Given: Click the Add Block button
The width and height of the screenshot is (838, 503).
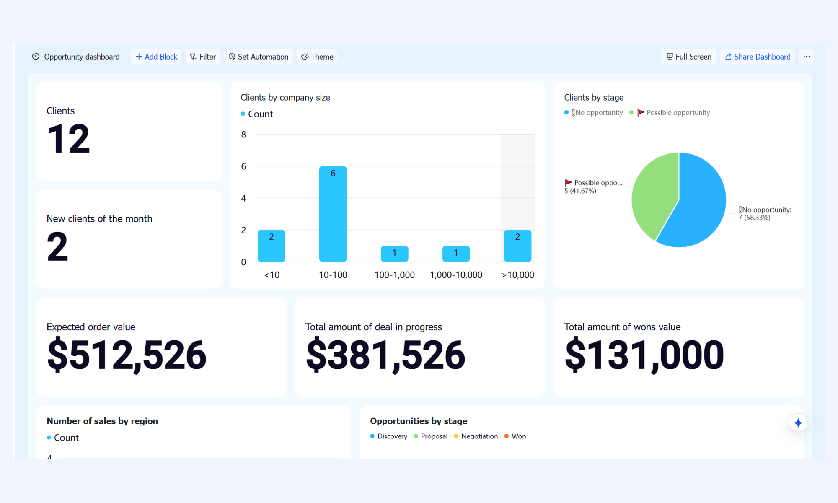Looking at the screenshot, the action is (x=156, y=57).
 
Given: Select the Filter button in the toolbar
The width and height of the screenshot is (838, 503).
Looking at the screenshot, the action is (x=203, y=57).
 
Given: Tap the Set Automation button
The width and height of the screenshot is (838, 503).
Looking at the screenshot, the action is (x=259, y=57).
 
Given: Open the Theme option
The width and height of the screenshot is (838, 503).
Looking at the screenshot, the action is (x=317, y=57).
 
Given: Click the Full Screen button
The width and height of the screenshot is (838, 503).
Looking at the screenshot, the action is (x=689, y=57).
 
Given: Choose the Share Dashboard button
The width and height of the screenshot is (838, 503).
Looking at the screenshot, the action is (x=758, y=57).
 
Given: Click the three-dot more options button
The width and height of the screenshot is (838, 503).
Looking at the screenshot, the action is (x=807, y=57).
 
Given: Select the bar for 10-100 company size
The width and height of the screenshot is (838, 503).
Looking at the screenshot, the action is (x=333, y=214).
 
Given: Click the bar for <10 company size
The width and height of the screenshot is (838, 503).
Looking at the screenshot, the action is (x=272, y=246).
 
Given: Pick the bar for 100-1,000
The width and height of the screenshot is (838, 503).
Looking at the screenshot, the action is (x=395, y=254).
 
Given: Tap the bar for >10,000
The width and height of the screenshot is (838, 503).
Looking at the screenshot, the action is (x=517, y=246).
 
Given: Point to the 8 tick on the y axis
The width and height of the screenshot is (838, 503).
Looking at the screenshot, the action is (x=243, y=135).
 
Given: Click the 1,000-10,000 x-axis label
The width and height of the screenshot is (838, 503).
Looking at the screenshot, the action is (x=456, y=275).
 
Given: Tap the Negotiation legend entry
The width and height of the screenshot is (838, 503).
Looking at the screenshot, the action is (x=476, y=436).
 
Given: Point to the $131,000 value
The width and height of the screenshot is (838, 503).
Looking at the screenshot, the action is (x=644, y=355).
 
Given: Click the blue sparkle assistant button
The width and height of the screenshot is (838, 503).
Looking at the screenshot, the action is (x=798, y=423).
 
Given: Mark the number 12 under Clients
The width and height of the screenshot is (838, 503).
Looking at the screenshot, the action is (x=69, y=139).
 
